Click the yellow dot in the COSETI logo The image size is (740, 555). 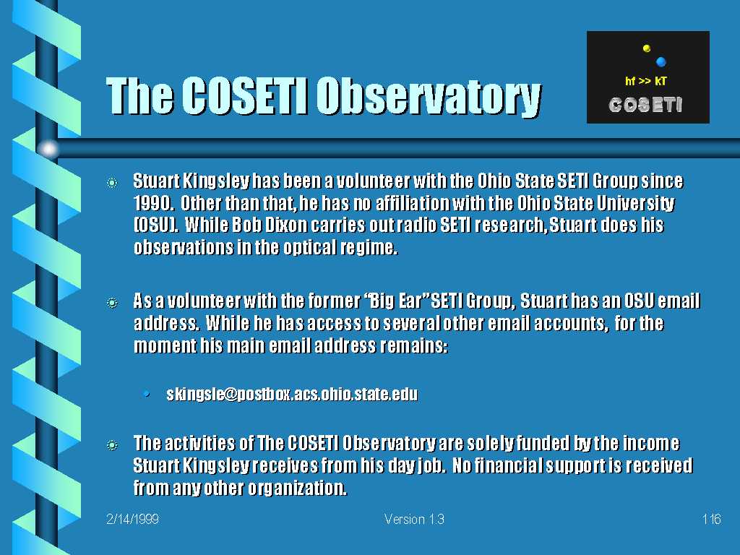pyautogui.click(x=647, y=48)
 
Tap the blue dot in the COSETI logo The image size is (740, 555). pyautogui.click(x=661, y=61)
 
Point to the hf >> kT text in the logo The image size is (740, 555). pyautogui.click(x=645, y=81)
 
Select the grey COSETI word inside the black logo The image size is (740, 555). pyautogui.click(x=645, y=104)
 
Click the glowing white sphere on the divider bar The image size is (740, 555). pyautogui.click(x=48, y=149)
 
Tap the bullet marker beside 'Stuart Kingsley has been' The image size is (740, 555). pyautogui.click(x=112, y=182)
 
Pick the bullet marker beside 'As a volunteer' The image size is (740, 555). pyautogui.click(x=112, y=303)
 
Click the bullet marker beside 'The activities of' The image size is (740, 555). pyautogui.click(x=112, y=444)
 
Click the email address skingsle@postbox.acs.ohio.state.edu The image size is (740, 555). pyautogui.click(x=292, y=394)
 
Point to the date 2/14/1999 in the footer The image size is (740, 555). pyautogui.click(x=133, y=519)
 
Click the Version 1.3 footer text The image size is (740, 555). pyautogui.click(x=414, y=519)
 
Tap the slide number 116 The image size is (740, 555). pyautogui.click(x=711, y=519)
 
